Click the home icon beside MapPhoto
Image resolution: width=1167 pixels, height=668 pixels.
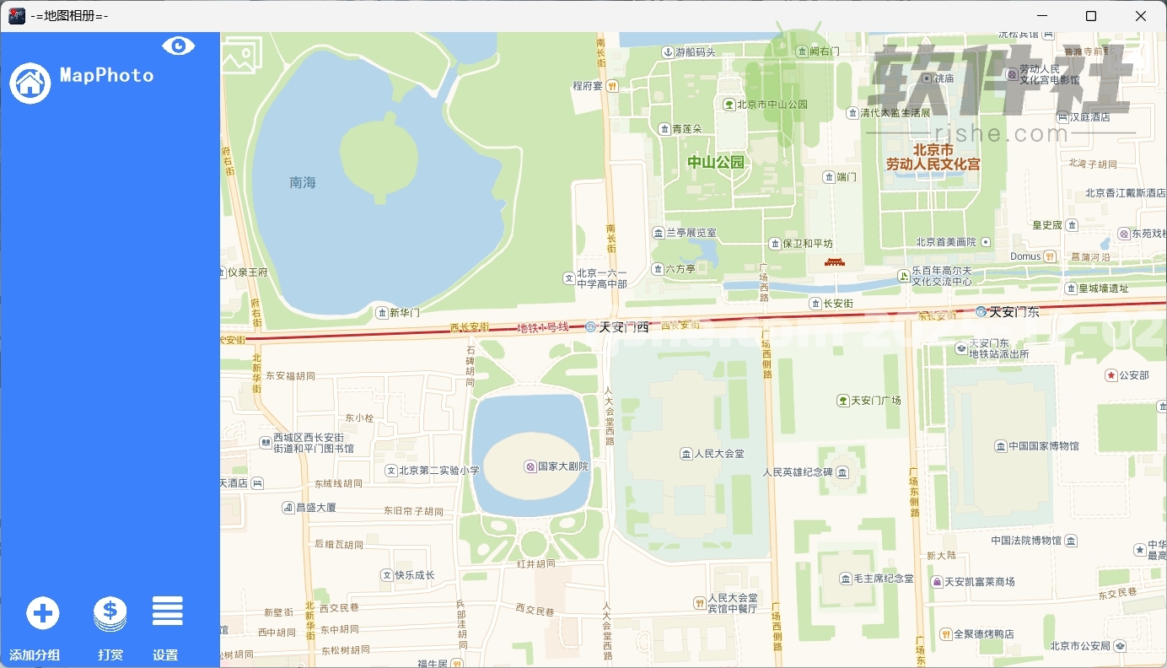tap(30, 83)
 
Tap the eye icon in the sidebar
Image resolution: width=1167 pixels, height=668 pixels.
tap(178, 46)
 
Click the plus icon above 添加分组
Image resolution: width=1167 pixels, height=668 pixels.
tap(43, 613)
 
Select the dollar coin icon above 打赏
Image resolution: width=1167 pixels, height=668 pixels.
tap(110, 613)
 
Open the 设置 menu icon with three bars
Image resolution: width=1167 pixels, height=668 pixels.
tap(167, 611)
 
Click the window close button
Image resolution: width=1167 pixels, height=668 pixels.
tap(1140, 16)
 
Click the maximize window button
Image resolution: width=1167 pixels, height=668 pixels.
tap(1091, 16)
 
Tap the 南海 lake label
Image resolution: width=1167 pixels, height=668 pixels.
tap(302, 182)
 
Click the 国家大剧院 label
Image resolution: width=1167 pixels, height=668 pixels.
tap(562, 466)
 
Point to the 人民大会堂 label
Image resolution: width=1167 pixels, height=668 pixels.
tap(718, 454)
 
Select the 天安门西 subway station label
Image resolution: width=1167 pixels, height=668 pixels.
tap(623, 327)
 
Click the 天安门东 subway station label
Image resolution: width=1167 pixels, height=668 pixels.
tap(1014, 312)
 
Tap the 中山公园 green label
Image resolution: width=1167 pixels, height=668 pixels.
tap(716, 162)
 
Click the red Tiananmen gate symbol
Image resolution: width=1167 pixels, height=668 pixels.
tap(834, 261)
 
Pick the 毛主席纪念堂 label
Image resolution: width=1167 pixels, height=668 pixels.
tap(883, 579)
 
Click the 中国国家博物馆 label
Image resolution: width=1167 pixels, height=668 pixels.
tap(1043, 446)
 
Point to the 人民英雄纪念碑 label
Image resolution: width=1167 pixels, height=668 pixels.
tap(798, 472)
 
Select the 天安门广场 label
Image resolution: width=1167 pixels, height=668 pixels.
tap(875, 401)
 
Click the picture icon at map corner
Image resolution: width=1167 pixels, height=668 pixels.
tap(242, 56)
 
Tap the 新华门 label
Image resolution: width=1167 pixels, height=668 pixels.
tap(404, 313)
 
